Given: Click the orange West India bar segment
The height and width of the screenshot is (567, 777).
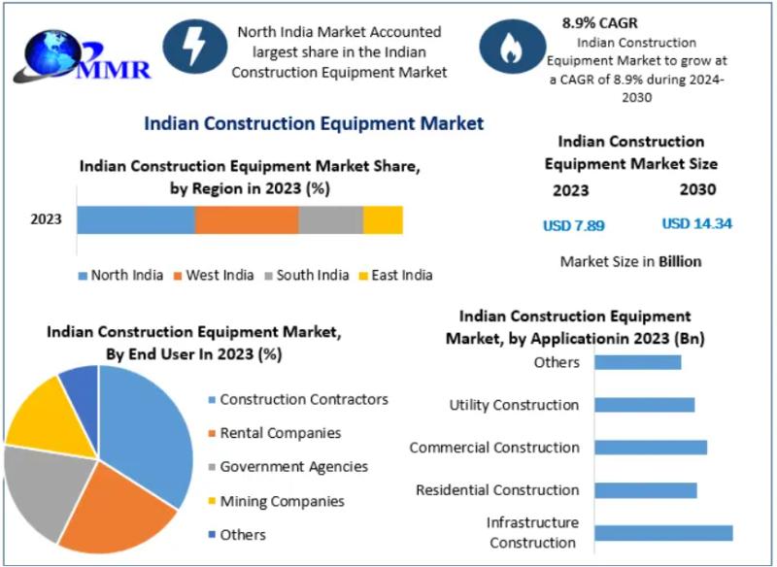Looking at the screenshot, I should [246, 220].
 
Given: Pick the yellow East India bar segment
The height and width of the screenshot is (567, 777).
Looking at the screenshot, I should [383, 220].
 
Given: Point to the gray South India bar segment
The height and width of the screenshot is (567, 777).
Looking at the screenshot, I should [330, 220].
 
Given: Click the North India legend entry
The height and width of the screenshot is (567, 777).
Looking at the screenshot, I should [120, 275].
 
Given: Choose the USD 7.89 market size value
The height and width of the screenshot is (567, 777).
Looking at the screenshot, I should [573, 225].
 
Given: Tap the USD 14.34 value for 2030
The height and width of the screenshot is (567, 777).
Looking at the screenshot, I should [696, 223].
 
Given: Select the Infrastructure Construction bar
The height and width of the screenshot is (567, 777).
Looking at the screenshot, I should [663, 532].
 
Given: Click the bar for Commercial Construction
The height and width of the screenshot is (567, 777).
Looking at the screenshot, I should [650, 448].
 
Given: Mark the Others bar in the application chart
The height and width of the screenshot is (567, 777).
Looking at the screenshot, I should [637, 362].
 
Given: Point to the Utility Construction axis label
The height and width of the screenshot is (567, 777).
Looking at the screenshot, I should [514, 405].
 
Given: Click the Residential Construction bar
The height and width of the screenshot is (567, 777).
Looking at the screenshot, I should [645, 490].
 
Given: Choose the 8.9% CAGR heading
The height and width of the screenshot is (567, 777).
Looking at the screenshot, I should [599, 21].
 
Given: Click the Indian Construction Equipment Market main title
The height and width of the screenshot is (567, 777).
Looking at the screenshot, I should [314, 123].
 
